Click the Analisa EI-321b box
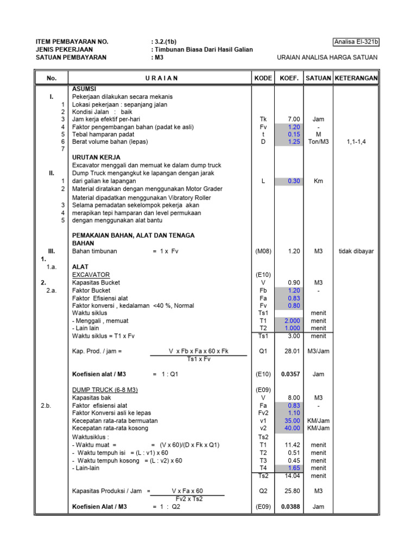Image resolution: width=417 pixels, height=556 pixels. coord(355,42)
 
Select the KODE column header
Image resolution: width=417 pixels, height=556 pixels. coord(263,78)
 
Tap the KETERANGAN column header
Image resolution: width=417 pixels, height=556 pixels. coord(356,78)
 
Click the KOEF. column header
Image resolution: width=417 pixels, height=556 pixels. coord(289,78)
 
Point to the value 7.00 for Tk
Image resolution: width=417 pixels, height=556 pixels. coord(294,119)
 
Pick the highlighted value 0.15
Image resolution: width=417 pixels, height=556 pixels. coord(294,134)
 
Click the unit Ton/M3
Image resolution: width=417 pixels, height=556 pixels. coord(318,142)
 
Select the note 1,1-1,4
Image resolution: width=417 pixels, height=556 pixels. coord(356,142)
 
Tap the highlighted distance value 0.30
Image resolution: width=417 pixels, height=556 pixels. coord(294,181)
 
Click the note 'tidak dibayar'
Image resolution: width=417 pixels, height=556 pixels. coord(356,251)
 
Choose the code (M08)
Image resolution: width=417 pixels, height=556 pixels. coord(263,251)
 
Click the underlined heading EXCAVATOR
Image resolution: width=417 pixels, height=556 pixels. coord(91,275)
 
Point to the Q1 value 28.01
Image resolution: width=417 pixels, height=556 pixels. coord(294,351)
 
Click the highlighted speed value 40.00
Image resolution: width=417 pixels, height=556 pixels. coord(293,428)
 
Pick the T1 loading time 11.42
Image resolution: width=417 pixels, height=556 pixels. coord(294,445)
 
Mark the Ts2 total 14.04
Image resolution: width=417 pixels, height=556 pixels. coord(294,476)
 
